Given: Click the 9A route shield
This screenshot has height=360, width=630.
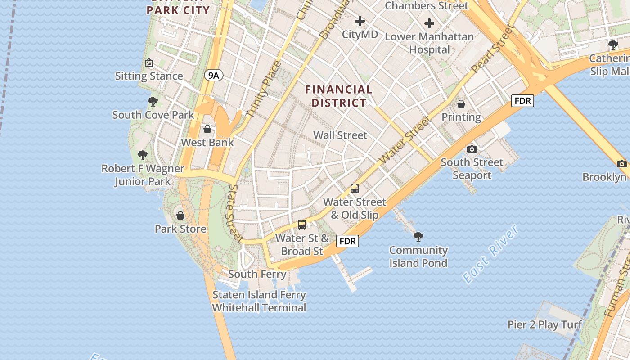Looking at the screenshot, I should point(213,76).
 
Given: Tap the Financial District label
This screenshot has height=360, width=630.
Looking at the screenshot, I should point(339,96).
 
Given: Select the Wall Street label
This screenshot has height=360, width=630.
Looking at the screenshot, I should point(340,135).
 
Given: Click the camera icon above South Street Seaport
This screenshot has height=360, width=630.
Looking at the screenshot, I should point(472,149).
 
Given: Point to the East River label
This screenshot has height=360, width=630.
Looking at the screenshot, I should point(490,255).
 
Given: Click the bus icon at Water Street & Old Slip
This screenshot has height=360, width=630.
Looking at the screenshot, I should point(355,189).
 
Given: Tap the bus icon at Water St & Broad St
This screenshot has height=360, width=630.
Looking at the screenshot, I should point(302,225).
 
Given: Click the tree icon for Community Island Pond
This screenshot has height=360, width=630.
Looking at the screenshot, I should point(418,236).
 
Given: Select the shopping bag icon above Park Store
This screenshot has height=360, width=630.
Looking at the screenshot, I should point(180,216).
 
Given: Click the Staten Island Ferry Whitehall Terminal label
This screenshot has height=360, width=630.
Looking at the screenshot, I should point(259,301).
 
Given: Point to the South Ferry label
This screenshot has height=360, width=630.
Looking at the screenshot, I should point(257,274).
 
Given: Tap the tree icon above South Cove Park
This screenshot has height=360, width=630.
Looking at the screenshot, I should point(153,102).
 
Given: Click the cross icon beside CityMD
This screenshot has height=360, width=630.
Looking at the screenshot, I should point(360,21).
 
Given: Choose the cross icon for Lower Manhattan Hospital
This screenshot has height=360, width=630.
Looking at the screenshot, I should point(429,23).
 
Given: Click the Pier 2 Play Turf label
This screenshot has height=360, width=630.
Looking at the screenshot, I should point(545,324).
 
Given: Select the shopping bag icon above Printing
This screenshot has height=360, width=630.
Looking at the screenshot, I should point(461,104).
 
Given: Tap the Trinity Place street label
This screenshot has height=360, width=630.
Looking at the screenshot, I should point(265,90).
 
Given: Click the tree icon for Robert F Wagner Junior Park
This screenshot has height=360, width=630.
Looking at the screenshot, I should point(143,155).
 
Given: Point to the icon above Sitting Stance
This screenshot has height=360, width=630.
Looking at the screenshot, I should point(149,63).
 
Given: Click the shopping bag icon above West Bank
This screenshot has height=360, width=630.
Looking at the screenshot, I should point(207,129).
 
